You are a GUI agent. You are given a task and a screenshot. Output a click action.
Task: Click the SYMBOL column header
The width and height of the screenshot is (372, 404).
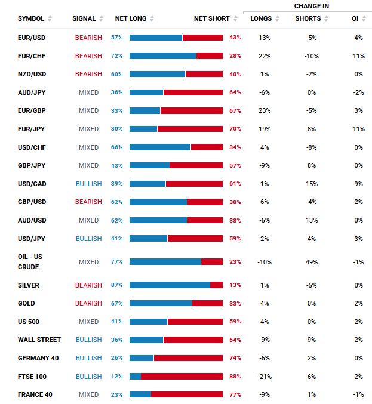(x=31, y=18)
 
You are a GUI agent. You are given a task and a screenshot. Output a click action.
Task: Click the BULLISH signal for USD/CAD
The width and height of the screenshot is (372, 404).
(x=88, y=184)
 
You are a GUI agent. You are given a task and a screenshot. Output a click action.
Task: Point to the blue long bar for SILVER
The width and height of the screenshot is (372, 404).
(x=170, y=285)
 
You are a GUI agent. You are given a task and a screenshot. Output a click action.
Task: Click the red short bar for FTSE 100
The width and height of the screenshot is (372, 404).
(x=182, y=377)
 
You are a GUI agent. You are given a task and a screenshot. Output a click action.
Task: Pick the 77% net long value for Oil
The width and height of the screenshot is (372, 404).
(x=116, y=262)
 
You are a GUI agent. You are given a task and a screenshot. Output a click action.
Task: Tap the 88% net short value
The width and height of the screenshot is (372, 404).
(x=235, y=377)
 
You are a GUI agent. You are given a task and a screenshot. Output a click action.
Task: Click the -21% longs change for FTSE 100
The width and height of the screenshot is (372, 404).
(x=264, y=377)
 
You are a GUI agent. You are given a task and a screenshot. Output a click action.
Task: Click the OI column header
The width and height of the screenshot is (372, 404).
(x=355, y=18)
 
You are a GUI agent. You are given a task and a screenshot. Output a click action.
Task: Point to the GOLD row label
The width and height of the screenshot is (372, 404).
(x=26, y=303)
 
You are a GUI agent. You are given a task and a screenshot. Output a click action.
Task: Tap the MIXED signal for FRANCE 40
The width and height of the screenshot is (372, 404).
(x=88, y=394)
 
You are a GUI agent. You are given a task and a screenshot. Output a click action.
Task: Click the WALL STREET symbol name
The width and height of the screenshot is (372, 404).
(x=39, y=340)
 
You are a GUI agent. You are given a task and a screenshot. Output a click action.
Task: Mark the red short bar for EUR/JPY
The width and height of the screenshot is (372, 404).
(x=190, y=129)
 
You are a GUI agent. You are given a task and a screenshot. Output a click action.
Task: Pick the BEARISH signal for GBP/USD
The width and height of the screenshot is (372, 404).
(x=88, y=202)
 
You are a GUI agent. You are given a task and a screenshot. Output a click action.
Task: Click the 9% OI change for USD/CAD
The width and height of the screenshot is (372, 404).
(x=358, y=184)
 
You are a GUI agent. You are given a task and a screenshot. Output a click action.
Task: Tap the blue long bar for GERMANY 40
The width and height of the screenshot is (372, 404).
(x=142, y=358)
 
